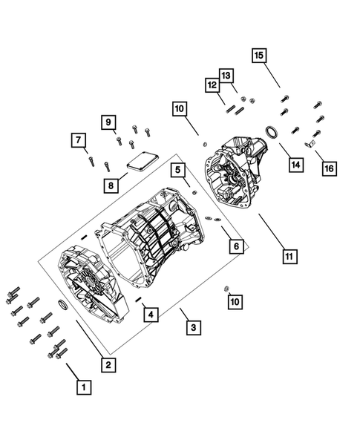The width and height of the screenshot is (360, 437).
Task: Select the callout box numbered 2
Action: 108,364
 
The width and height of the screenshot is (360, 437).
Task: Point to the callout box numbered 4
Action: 151,315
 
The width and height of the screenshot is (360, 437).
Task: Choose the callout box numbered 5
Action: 178,170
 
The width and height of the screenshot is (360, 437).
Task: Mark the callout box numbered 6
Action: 236,246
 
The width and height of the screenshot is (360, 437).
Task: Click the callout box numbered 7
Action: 76,139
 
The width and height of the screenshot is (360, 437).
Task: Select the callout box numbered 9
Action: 107,122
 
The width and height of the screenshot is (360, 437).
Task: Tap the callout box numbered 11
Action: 289,257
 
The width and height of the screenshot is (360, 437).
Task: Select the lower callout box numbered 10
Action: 235,300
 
